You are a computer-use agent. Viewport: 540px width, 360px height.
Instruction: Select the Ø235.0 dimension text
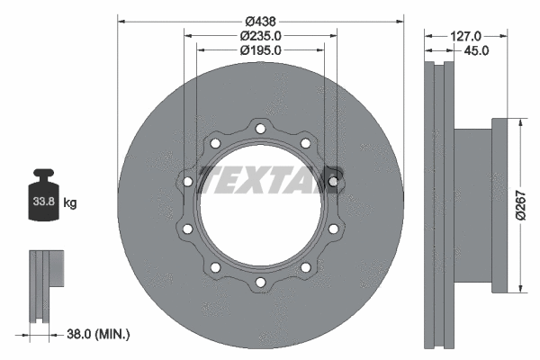[x=260, y=35]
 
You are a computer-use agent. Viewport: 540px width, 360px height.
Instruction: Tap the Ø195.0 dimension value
[x=260, y=50]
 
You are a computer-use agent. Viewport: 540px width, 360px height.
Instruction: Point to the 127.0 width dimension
[x=465, y=35]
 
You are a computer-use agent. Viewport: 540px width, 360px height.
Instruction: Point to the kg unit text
[x=70, y=203]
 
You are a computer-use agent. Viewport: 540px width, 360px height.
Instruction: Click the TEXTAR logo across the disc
[x=269, y=179]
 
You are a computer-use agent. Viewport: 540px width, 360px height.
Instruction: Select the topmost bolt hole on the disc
[x=260, y=129]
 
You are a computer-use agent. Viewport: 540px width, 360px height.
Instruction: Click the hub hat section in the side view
[x=472, y=205]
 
